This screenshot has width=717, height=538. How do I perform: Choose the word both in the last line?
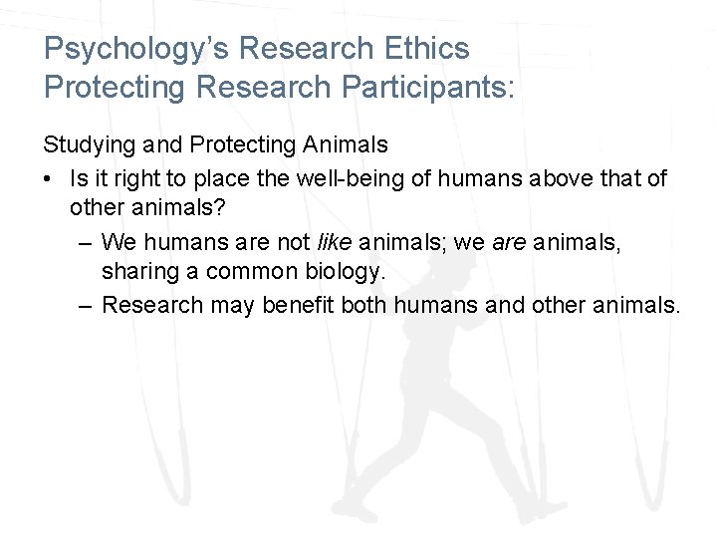[365, 305]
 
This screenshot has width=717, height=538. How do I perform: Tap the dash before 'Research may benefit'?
[86, 305]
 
